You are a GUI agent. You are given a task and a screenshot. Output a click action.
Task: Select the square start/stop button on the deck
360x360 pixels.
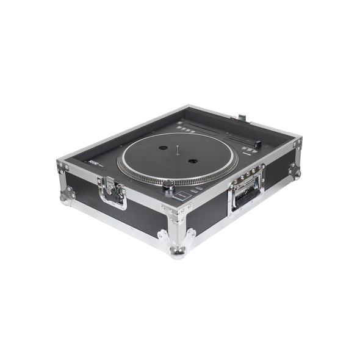[x=181, y=196]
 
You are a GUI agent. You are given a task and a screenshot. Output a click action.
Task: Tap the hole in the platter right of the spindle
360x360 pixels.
[x=193, y=160]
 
